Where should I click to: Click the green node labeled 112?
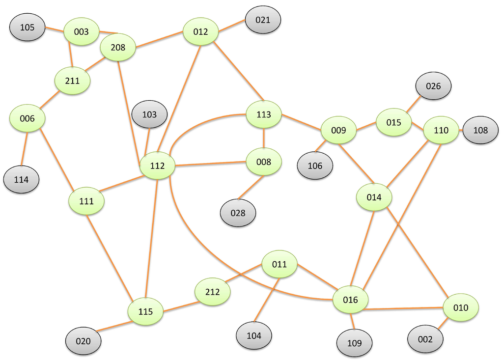tap(157, 166)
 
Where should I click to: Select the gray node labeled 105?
tap(28, 27)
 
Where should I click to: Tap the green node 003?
tap(81, 32)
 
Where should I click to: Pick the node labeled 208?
tap(118, 48)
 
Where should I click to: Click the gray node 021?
tap(263, 20)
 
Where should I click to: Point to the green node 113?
tap(264, 114)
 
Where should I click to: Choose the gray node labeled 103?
tap(149, 114)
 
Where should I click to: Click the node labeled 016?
tap(350, 300)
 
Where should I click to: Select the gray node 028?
tap(238, 213)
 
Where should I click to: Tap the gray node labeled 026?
tap(433, 86)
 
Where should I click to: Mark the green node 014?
tap(374, 197)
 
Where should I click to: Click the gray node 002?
tap(425, 339)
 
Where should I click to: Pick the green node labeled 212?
tap(213, 292)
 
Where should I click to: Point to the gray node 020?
tap(84, 340)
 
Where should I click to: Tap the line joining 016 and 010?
tap(405, 309)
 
